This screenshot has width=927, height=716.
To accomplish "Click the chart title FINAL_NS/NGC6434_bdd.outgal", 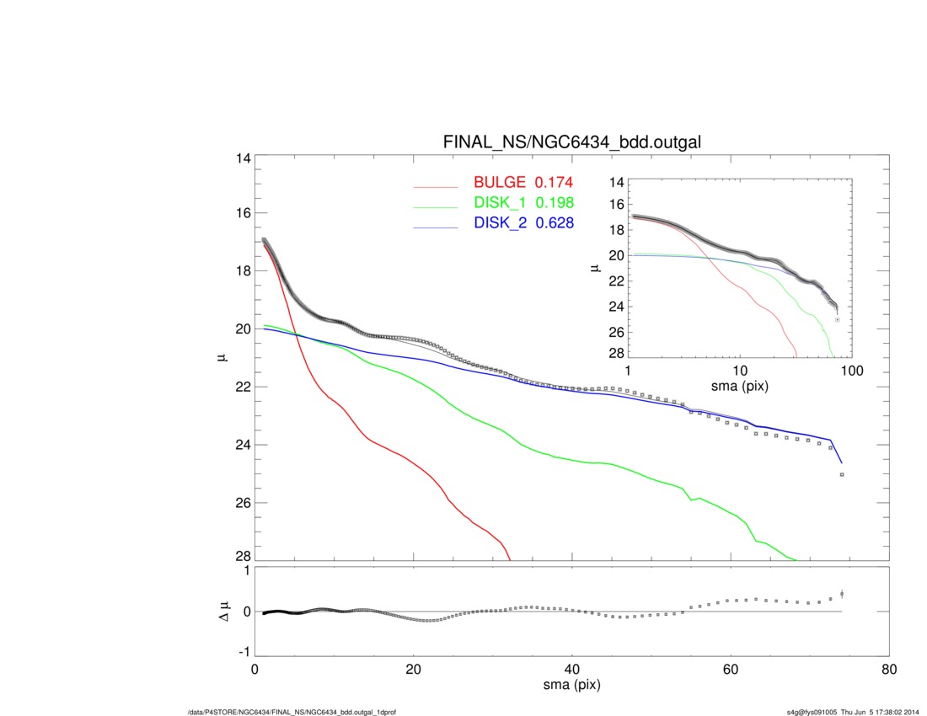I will (x=571, y=143).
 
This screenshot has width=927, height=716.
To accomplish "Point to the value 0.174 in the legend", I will (x=555, y=183).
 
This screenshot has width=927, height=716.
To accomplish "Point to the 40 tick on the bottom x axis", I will (x=572, y=671).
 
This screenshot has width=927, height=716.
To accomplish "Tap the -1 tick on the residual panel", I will (x=243, y=652).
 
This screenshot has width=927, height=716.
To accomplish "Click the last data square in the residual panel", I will (x=842, y=595).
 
